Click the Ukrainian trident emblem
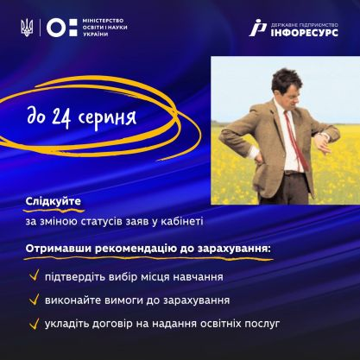pyautogui.click(x=25, y=28)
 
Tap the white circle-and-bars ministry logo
pyautogui.click(x=54, y=28)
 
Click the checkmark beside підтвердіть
pyautogui.click(x=33, y=277)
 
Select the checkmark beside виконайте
pyautogui.click(x=33, y=300)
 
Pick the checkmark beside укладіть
pyautogui.click(x=33, y=324)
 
